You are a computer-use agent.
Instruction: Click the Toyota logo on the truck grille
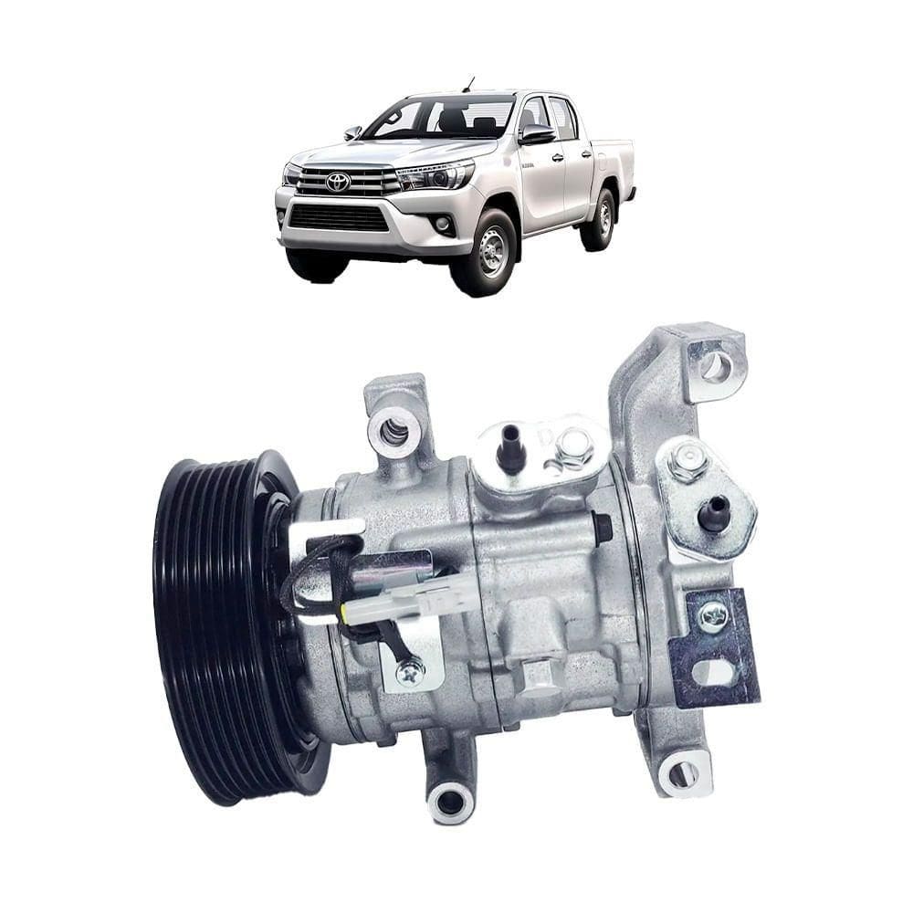pyautogui.click(x=338, y=182)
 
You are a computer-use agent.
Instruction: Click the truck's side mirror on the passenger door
pyautogui.click(x=536, y=134)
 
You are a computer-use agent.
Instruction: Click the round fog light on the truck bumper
pyautogui.click(x=443, y=224)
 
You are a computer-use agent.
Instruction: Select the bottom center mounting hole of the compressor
pyautogui.click(x=450, y=803)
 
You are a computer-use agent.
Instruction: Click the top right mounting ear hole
pyautogui.click(x=716, y=367)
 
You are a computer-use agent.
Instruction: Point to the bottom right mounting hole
pyautogui.click(x=682, y=774)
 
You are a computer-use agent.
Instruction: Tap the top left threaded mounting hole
pyautogui.click(x=394, y=429)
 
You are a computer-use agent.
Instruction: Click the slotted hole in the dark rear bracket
pyautogui.click(x=715, y=672)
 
